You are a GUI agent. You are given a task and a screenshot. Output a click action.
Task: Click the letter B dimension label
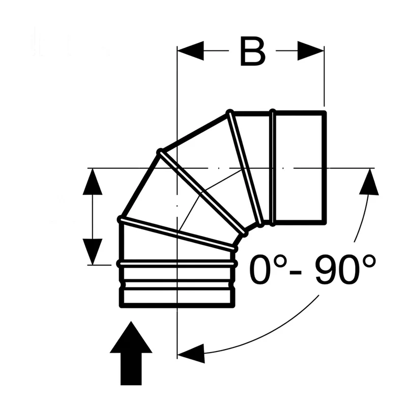pyautogui.click(x=253, y=51)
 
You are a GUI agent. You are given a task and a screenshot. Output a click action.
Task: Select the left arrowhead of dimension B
pyautogui.click(x=190, y=50)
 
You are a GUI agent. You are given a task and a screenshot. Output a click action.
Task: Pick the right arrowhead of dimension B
pyautogui.click(x=311, y=50)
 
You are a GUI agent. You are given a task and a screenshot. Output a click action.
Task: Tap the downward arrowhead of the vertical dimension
pyautogui.click(x=93, y=252)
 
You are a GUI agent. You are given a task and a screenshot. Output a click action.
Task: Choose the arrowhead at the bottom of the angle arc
pyautogui.click(x=191, y=353)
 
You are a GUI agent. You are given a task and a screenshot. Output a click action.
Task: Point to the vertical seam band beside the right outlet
pyautogui.click(x=273, y=168)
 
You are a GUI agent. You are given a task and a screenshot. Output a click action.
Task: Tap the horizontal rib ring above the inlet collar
pyautogui.click(x=178, y=264)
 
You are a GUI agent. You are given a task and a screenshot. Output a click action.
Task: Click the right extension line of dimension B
pyautogui.click(x=324, y=76)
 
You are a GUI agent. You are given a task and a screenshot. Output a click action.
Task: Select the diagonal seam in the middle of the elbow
pyautogui.click(x=202, y=193)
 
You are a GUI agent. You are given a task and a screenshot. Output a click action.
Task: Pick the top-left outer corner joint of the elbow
pyautogui.click(x=161, y=151)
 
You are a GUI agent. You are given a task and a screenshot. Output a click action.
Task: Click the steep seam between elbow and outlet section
pyautogui.click(x=245, y=168)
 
